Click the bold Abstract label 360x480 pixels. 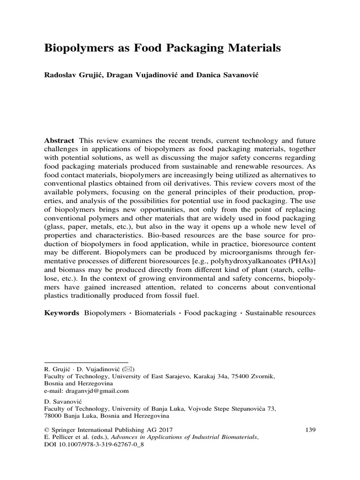pyautogui.click(x=60, y=141)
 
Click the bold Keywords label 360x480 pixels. pyautogui.click(x=61, y=312)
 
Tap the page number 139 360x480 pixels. pyautogui.click(x=310, y=428)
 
